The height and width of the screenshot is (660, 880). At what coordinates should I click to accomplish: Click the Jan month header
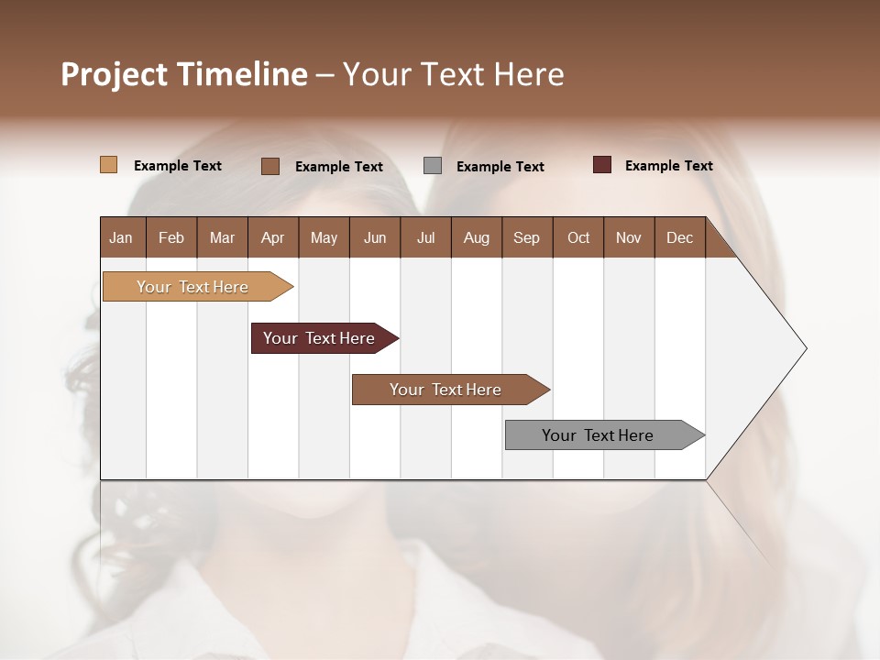[122, 237]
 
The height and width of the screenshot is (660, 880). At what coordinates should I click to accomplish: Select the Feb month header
[171, 237]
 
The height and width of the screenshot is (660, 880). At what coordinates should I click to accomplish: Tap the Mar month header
[222, 237]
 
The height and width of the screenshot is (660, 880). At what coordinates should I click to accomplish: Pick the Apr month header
[273, 237]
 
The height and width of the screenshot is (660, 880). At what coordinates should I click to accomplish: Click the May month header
[324, 237]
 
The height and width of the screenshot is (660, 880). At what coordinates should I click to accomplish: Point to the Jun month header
[375, 237]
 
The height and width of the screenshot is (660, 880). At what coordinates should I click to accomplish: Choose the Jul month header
[425, 237]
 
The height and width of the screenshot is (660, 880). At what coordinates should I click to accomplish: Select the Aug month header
[477, 237]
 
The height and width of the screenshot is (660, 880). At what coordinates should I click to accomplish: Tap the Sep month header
[527, 237]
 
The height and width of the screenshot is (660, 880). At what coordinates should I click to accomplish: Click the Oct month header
[578, 237]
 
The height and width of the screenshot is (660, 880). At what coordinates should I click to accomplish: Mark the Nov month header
[629, 237]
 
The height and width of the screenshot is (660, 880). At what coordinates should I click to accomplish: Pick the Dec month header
[680, 237]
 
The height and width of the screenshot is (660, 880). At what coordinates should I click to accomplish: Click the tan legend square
[109, 165]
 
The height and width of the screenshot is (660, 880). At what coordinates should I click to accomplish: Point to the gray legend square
[433, 166]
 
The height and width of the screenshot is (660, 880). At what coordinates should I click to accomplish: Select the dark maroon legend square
[602, 165]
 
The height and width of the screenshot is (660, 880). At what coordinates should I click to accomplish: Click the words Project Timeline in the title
[184, 74]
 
